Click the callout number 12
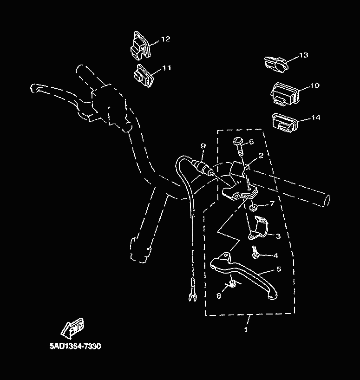[x=165, y=39]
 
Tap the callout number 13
[x=303, y=55]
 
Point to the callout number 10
[x=314, y=85]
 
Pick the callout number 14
[x=315, y=118]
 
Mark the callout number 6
[x=251, y=142]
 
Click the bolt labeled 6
[x=238, y=145]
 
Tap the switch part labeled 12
[x=139, y=46]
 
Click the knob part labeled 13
[x=275, y=64]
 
